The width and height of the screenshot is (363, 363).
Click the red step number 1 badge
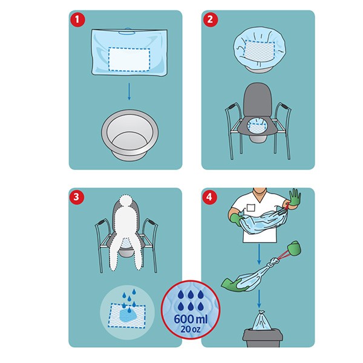tap(77, 19)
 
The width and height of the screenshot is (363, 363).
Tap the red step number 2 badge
tap(210, 19)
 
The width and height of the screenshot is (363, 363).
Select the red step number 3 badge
tap(76, 197)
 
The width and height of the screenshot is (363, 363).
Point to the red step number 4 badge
tap(209, 197)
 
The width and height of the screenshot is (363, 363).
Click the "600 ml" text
tap(191, 319)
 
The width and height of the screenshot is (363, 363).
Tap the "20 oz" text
tap(191, 329)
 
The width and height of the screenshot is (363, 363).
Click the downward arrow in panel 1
tap(129, 92)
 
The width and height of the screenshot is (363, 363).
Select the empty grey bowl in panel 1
tap(130, 135)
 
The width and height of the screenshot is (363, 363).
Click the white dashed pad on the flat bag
tap(129, 59)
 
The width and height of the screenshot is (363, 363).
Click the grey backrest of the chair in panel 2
tap(258, 100)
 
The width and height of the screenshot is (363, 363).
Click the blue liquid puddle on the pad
tap(129, 315)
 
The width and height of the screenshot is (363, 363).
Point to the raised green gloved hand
tap(295, 197)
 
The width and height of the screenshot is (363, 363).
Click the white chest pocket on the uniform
tap(250, 208)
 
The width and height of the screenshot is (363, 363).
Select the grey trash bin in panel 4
tap(263, 338)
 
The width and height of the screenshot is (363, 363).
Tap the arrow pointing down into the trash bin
tap(259, 299)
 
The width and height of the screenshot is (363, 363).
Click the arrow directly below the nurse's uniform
tap(259, 254)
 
